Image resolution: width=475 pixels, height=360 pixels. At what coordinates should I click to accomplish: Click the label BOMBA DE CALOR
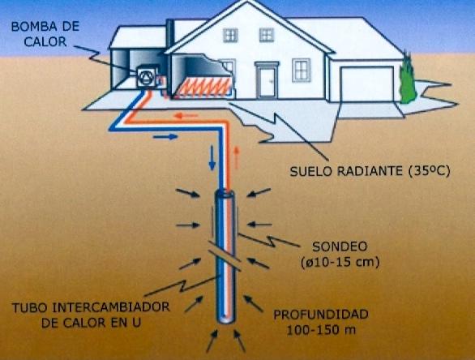(x=45, y=34)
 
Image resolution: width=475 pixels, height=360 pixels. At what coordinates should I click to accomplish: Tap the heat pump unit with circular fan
(x=147, y=77)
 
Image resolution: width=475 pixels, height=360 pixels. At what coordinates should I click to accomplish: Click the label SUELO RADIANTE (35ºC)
(x=370, y=171)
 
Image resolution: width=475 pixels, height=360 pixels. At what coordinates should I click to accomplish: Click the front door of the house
(x=267, y=82)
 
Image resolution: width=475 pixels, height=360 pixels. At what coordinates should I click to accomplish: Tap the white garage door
(x=367, y=84)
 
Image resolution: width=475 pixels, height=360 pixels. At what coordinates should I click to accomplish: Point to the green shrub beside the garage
(x=408, y=78)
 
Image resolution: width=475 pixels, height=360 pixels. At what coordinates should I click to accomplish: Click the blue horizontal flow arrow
(x=165, y=137)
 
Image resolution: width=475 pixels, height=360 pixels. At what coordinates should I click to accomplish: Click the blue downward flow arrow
(x=212, y=157)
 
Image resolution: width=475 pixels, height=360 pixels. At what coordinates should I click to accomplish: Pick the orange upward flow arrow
(x=237, y=157)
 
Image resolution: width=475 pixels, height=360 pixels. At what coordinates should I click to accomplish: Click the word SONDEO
(x=340, y=246)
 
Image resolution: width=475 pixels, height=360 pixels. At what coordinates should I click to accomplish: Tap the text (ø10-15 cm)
(x=340, y=262)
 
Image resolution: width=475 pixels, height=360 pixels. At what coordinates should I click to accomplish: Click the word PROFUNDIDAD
(x=321, y=315)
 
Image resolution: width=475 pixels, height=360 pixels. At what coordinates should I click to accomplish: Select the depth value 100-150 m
(x=322, y=330)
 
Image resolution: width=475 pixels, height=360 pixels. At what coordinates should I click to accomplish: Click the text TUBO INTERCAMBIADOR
(x=91, y=307)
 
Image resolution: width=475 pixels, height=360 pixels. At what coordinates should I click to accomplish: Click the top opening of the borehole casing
(x=225, y=193)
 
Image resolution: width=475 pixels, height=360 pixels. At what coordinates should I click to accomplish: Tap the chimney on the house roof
(x=170, y=33)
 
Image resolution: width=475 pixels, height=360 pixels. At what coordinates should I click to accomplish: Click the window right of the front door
(x=302, y=70)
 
